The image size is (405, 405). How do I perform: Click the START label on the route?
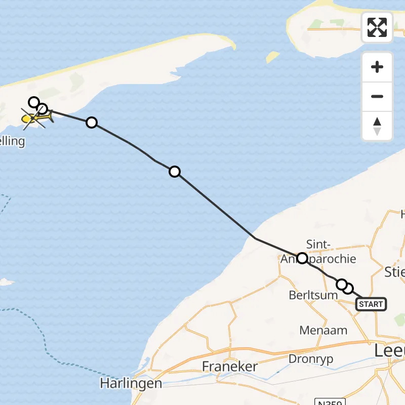[x=371, y=304]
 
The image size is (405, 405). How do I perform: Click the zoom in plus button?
[x=377, y=67]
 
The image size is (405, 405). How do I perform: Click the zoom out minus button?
[x=377, y=97]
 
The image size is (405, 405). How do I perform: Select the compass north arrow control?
[x=377, y=126]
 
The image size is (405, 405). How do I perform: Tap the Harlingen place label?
[x=131, y=383]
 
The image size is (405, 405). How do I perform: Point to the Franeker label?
[x=230, y=367]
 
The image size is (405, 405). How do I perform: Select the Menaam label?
[x=323, y=331]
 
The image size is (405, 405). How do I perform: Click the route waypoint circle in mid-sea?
[x=174, y=172]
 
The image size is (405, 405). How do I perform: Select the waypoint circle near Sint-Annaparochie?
[x=302, y=258]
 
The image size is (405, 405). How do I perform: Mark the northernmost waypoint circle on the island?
[x=33, y=102]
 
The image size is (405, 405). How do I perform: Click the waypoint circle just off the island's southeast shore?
[x=92, y=122]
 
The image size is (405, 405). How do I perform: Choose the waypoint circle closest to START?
[x=348, y=289]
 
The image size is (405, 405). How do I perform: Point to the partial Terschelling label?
[x=11, y=141]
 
